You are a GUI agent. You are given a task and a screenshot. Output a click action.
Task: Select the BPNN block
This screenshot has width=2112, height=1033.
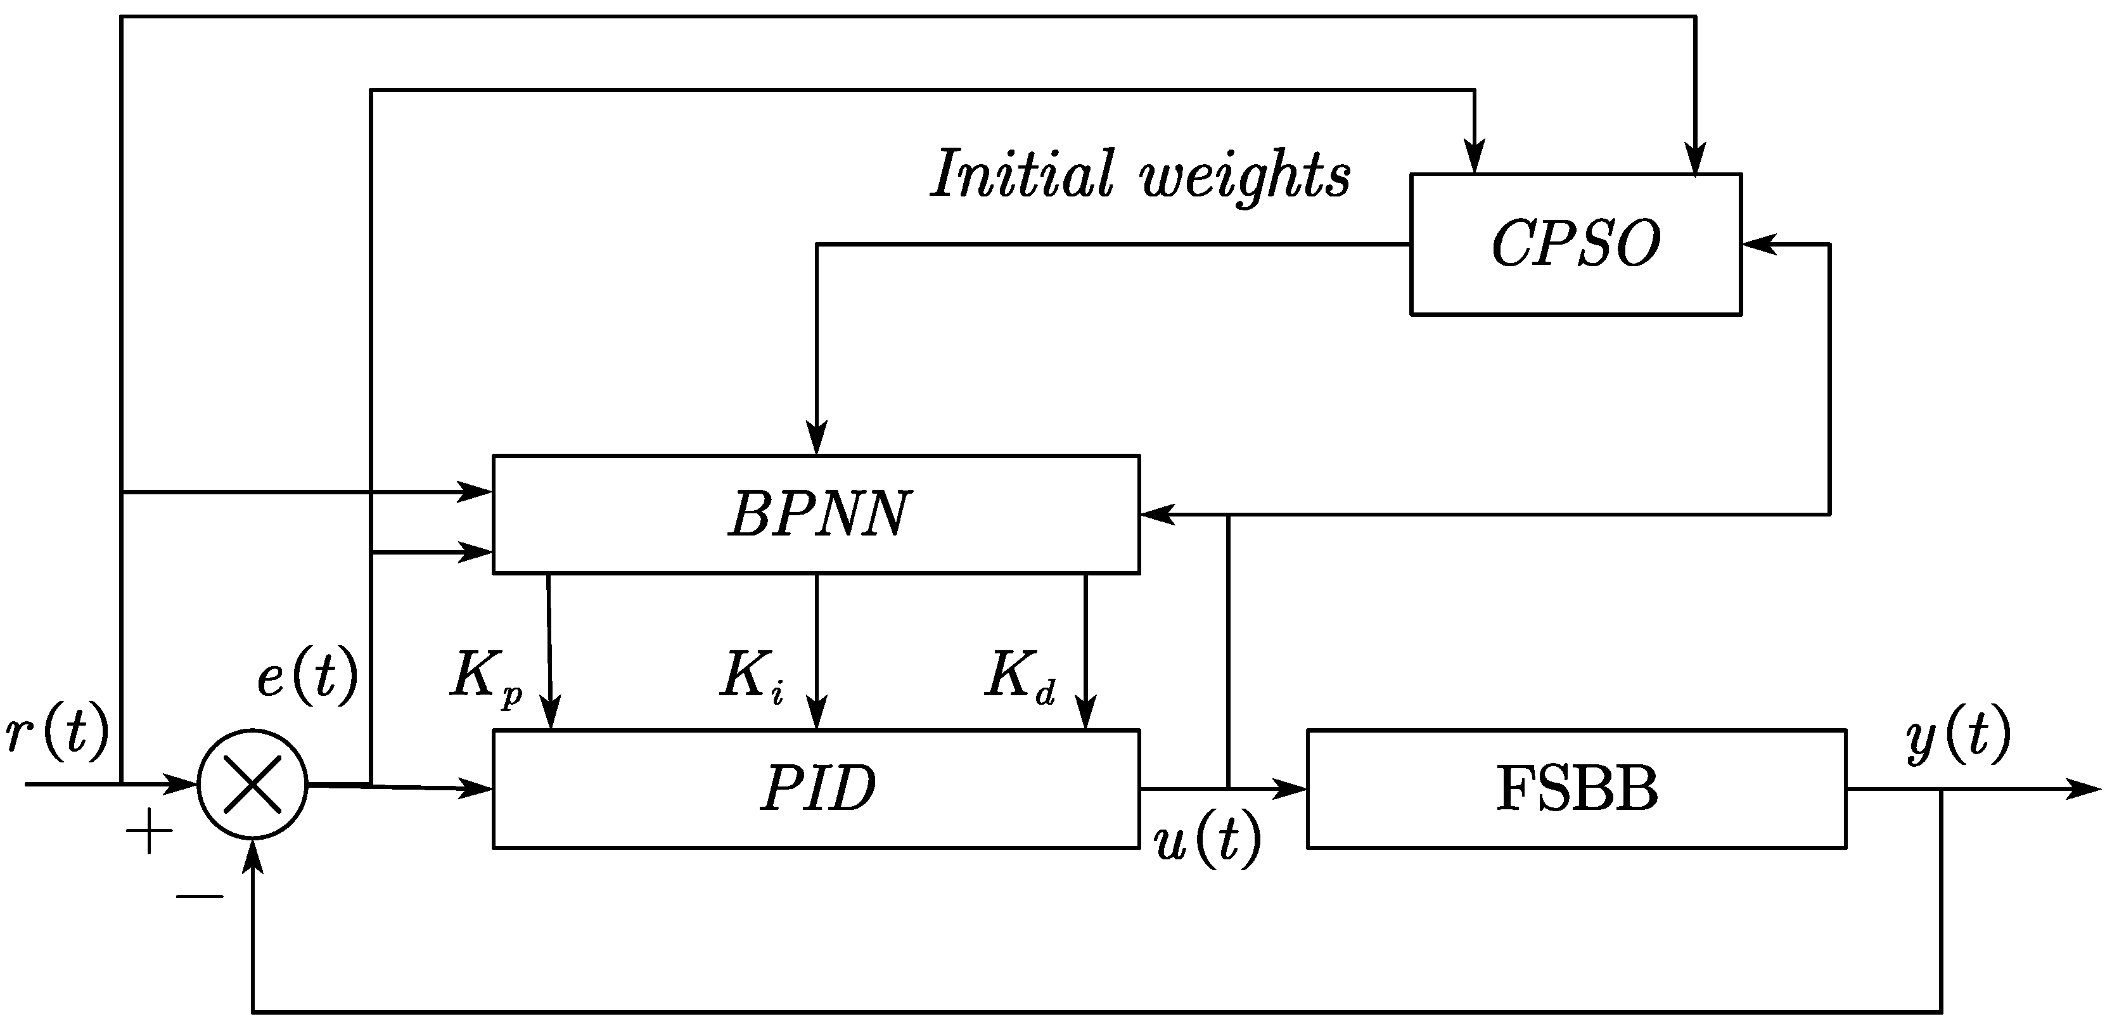pyautogui.click(x=817, y=514)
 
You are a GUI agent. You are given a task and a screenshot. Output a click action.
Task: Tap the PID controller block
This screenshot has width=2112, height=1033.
pyautogui.click(x=817, y=788)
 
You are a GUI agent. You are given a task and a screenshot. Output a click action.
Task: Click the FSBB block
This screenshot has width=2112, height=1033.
pyautogui.click(x=1576, y=788)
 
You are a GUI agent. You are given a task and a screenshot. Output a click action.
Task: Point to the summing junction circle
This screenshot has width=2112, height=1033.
pyautogui.click(x=253, y=785)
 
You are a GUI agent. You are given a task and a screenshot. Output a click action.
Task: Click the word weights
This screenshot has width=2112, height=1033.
pyautogui.click(x=1246, y=177)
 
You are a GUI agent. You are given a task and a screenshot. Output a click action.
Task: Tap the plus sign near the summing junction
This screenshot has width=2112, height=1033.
pyautogui.click(x=149, y=832)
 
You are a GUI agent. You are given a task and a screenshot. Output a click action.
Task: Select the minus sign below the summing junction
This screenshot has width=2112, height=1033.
pyautogui.click(x=199, y=896)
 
